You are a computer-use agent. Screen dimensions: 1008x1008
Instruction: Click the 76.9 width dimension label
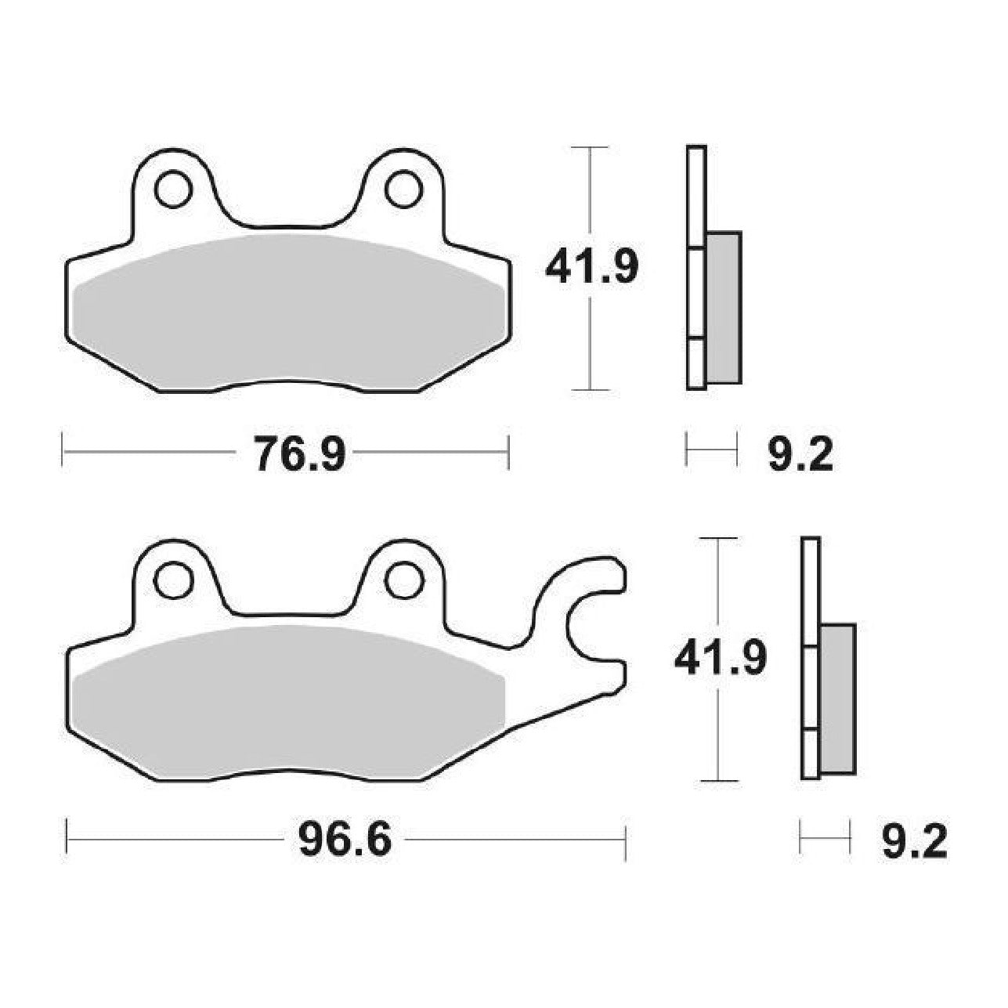tap(300, 453)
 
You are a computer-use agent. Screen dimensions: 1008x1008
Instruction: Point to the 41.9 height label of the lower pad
tap(721, 658)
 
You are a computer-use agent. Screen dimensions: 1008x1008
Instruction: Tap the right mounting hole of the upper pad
tap(403, 188)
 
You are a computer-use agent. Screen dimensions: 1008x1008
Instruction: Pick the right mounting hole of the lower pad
tap(403, 580)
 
